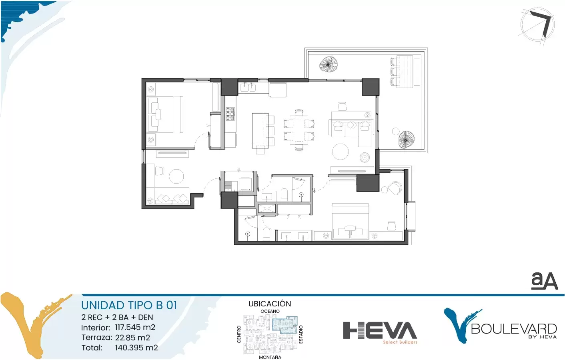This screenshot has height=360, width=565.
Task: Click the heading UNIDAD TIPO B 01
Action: pyautogui.click(x=129, y=305)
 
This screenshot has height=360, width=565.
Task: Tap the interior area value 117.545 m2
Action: pyautogui.click(x=135, y=328)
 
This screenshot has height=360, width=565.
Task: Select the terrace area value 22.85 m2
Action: pyautogui.click(x=132, y=338)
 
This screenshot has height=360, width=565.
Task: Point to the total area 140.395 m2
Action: pyautogui.click(x=136, y=348)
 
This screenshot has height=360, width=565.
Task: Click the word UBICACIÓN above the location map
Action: pyautogui.click(x=270, y=304)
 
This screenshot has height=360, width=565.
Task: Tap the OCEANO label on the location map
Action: pyautogui.click(x=270, y=311)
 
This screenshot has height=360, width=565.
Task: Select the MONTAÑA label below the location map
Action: pyautogui.click(x=270, y=357)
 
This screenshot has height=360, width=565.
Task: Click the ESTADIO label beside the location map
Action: pyautogui.click(x=301, y=334)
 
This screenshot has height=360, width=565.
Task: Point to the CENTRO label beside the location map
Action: pyautogui.click(x=239, y=334)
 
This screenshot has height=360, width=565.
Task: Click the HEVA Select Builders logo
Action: pyautogui.click(x=380, y=332)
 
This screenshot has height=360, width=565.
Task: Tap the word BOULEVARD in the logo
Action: pyautogui.click(x=514, y=329)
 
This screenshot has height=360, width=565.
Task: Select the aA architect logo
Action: pyautogui.click(x=544, y=280)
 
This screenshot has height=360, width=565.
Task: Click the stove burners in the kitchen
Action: pyautogui.click(x=230, y=114)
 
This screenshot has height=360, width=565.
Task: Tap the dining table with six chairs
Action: pyautogui.click(x=299, y=130)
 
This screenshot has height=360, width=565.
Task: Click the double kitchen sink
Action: pyautogui.click(x=248, y=87)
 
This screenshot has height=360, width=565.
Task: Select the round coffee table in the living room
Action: pyautogui.click(x=340, y=152)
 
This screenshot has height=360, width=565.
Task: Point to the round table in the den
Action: pyautogui.click(x=176, y=176)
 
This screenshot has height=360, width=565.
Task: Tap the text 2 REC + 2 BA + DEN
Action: pyautogui.click(x=117, y=317)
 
